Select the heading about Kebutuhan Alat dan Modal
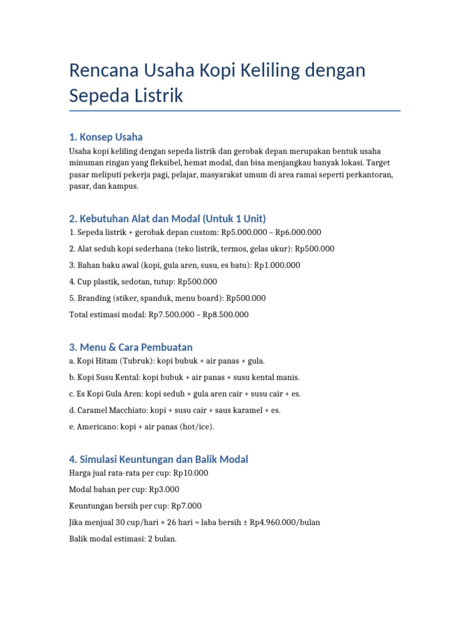(168, 219)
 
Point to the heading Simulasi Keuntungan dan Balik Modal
(159, 459)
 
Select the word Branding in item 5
(94, 298)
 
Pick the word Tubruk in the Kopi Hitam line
(134, 361)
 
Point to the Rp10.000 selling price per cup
(190, 473)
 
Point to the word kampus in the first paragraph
(125, 186)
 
